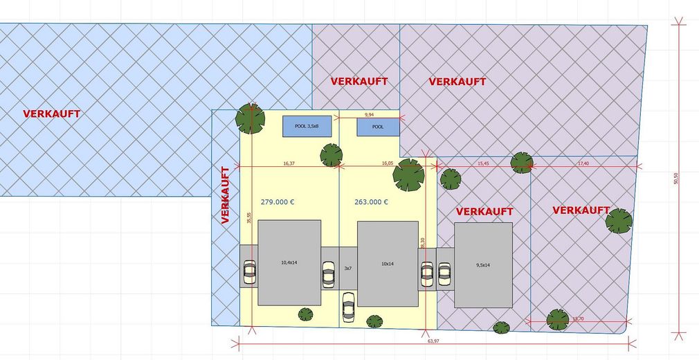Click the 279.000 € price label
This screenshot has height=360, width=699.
click(278, 202)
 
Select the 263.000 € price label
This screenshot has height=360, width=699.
click(371, 202)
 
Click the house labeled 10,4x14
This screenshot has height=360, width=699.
click(289, 263)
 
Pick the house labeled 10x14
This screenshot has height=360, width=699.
click(388, 263)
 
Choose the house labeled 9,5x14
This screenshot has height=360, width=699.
click(483, 264)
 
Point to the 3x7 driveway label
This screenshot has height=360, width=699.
click(348, 267)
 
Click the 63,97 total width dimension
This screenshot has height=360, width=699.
click(434, 341)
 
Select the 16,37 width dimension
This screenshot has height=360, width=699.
click(289, 163)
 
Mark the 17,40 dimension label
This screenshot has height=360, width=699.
click(583, 163)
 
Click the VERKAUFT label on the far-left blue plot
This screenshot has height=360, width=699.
click(51, 114)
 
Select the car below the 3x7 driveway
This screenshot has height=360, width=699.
click(348, 306)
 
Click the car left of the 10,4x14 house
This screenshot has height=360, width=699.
click(249, 273)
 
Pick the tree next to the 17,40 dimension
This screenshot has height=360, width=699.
click(521, 163)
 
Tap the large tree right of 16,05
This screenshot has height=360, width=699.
click(408, 174)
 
